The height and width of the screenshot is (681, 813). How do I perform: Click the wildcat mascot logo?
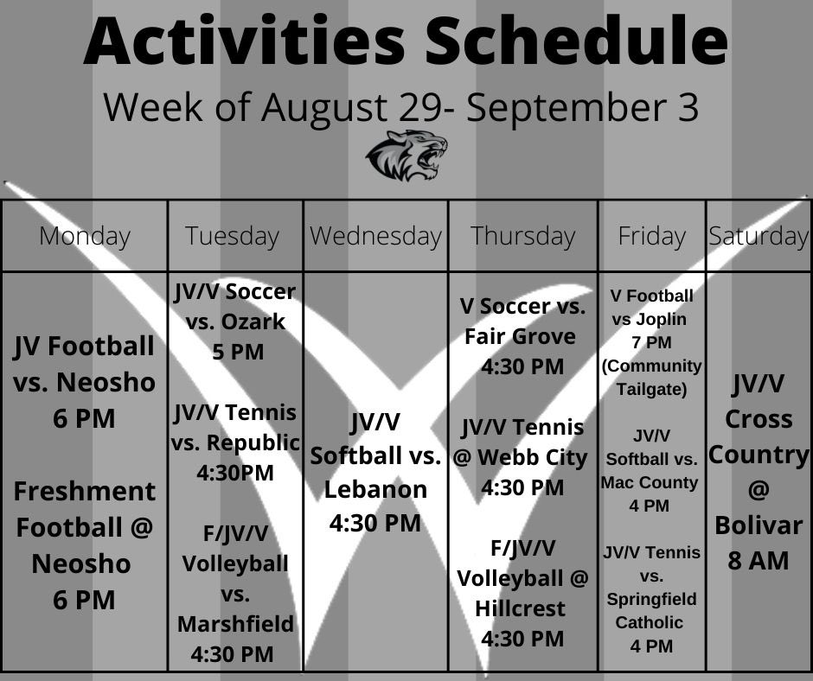[x=406, y=156]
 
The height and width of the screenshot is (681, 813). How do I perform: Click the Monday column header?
[x=85, y=236]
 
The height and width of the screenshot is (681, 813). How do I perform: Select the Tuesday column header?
[x=232, y=236]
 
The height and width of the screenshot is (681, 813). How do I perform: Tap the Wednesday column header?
[x=375, y=236]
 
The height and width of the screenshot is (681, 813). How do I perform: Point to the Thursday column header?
[x=522, y=236]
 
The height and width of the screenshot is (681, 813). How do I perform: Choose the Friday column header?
[x=651, y=236]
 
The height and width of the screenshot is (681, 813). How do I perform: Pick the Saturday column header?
[x=759, y=236]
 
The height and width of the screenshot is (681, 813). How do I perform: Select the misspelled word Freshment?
[x=85, y=491]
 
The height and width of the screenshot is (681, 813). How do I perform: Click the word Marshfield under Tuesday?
[x=235, y=623]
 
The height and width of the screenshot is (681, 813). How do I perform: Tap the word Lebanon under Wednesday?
[x=375, y=489]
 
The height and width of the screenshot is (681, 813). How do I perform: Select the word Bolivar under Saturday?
[x=759, y=525]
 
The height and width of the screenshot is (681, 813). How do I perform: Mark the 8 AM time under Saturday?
[x=759, y=560]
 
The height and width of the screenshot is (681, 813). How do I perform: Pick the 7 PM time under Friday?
[x=651, y=342]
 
